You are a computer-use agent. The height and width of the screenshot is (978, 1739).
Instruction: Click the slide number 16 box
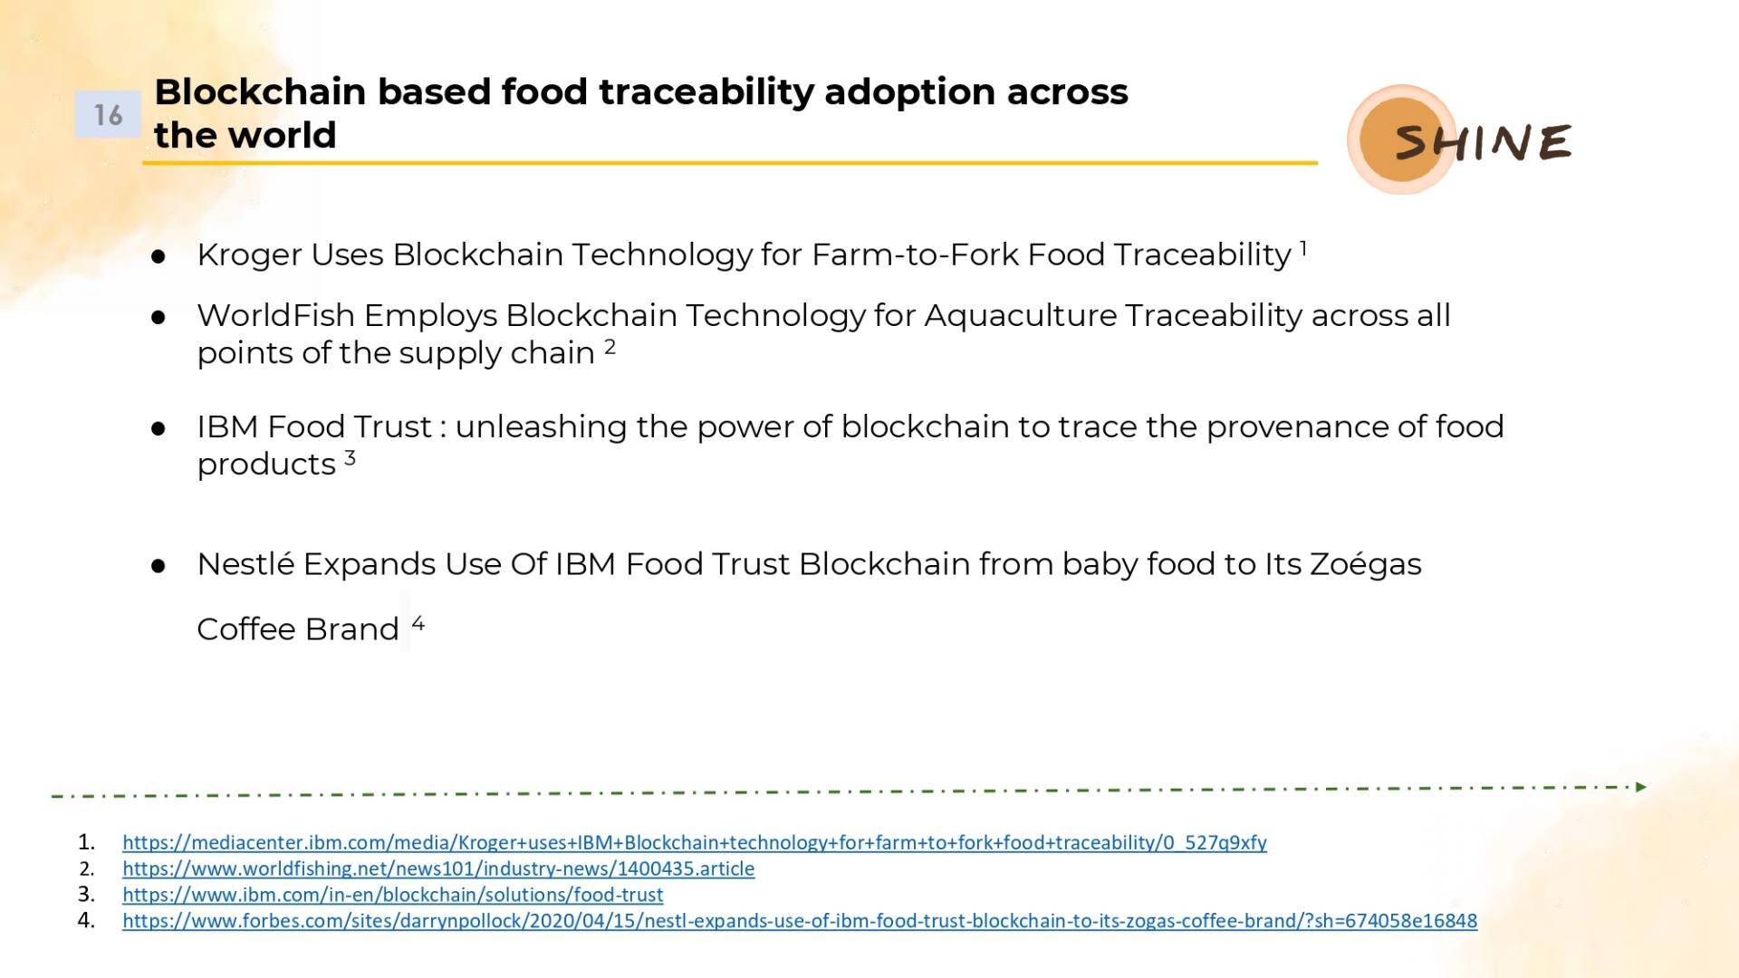108,114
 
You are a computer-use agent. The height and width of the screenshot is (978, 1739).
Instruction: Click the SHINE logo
1460,139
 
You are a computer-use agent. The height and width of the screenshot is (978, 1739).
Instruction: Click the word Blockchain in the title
260,91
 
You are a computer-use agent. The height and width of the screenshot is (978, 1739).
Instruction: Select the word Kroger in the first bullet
249,255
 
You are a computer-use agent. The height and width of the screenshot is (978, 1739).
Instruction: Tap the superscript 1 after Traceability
1303,247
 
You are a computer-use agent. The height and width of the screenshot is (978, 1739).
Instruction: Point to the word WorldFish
275,315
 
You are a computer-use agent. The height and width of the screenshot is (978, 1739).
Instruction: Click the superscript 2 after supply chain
610,347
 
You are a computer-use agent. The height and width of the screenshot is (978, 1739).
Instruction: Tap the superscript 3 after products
350,458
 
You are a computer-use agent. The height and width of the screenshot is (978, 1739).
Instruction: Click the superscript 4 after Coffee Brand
418,623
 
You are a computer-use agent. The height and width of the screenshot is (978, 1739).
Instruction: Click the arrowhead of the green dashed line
1641,787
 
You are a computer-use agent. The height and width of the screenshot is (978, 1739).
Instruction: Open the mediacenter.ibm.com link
695,843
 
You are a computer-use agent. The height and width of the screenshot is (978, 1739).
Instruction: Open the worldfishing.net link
438,869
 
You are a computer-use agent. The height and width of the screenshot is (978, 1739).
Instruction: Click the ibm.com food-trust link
393,895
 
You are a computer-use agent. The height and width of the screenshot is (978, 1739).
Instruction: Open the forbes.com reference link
800,921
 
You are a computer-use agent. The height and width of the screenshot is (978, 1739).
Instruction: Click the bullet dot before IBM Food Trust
159,428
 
